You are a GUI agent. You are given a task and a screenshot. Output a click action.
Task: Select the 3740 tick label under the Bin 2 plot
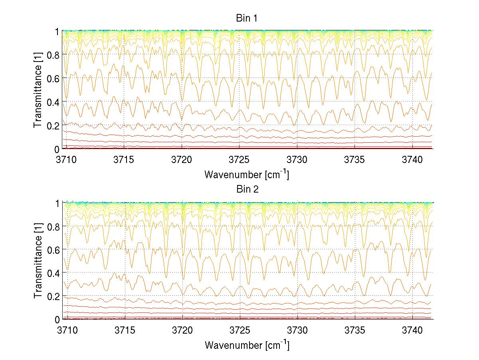coord(412,330)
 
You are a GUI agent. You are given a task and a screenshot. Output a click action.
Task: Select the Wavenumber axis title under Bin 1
coord(246,174)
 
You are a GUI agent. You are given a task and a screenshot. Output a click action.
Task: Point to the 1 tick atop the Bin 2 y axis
coord(57,203)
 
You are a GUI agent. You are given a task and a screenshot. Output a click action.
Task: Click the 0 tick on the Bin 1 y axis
coord(57,149)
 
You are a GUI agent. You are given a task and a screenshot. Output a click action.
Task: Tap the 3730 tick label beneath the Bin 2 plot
coord(297,330)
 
